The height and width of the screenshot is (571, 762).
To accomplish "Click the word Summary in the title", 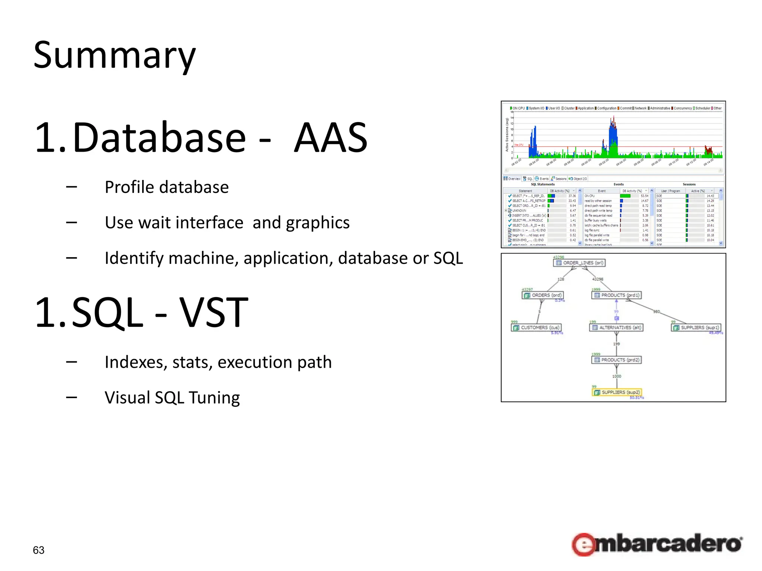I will tap(114, 56).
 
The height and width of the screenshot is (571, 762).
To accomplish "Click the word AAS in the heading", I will tap(331, 138).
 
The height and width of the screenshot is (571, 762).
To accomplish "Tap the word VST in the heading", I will tap(214, 313).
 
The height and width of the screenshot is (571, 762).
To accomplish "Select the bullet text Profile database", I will tap(166, 187).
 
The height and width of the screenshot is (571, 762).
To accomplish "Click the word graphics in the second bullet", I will tap(318, 223).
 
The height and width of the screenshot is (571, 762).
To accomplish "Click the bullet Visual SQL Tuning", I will tap(172, 397).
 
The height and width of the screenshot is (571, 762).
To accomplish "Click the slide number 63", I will tap(39, 550).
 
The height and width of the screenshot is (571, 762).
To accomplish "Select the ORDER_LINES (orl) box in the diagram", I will tap(580, 263).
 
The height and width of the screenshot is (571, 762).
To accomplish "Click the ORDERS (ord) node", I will tap(543, 295).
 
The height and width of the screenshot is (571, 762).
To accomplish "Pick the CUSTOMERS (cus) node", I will tap(536, 328).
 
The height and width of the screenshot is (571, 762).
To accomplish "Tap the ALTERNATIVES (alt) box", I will tap(617, 328).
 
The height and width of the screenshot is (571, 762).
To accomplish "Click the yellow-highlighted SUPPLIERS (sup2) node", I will tap(617, 392).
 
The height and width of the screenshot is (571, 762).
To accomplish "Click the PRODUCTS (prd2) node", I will tap(617, 360).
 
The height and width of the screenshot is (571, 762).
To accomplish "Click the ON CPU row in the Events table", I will tap(590, 196).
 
